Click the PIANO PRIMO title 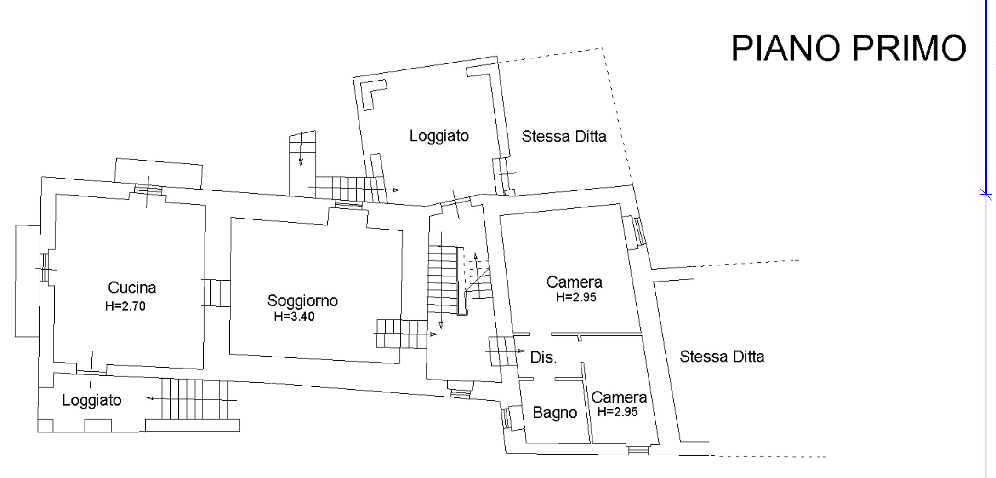[848, 48]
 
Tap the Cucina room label [132, 288]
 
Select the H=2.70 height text [125, 306]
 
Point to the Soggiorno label [302, 300]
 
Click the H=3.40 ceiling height [294, 317]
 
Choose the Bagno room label [555, 413]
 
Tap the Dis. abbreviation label [543, 357]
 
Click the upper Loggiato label [439, 136]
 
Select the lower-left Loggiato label [91, 400]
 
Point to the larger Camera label [574, 282]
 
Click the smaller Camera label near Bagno [619, 397]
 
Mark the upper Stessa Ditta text [564, 137]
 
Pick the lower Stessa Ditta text [722, 357]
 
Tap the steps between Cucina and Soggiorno [216, 293]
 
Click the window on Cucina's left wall [44, 267]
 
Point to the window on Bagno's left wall [507, 418]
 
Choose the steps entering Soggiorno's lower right [401, 334]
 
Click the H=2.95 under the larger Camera [576, 297]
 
